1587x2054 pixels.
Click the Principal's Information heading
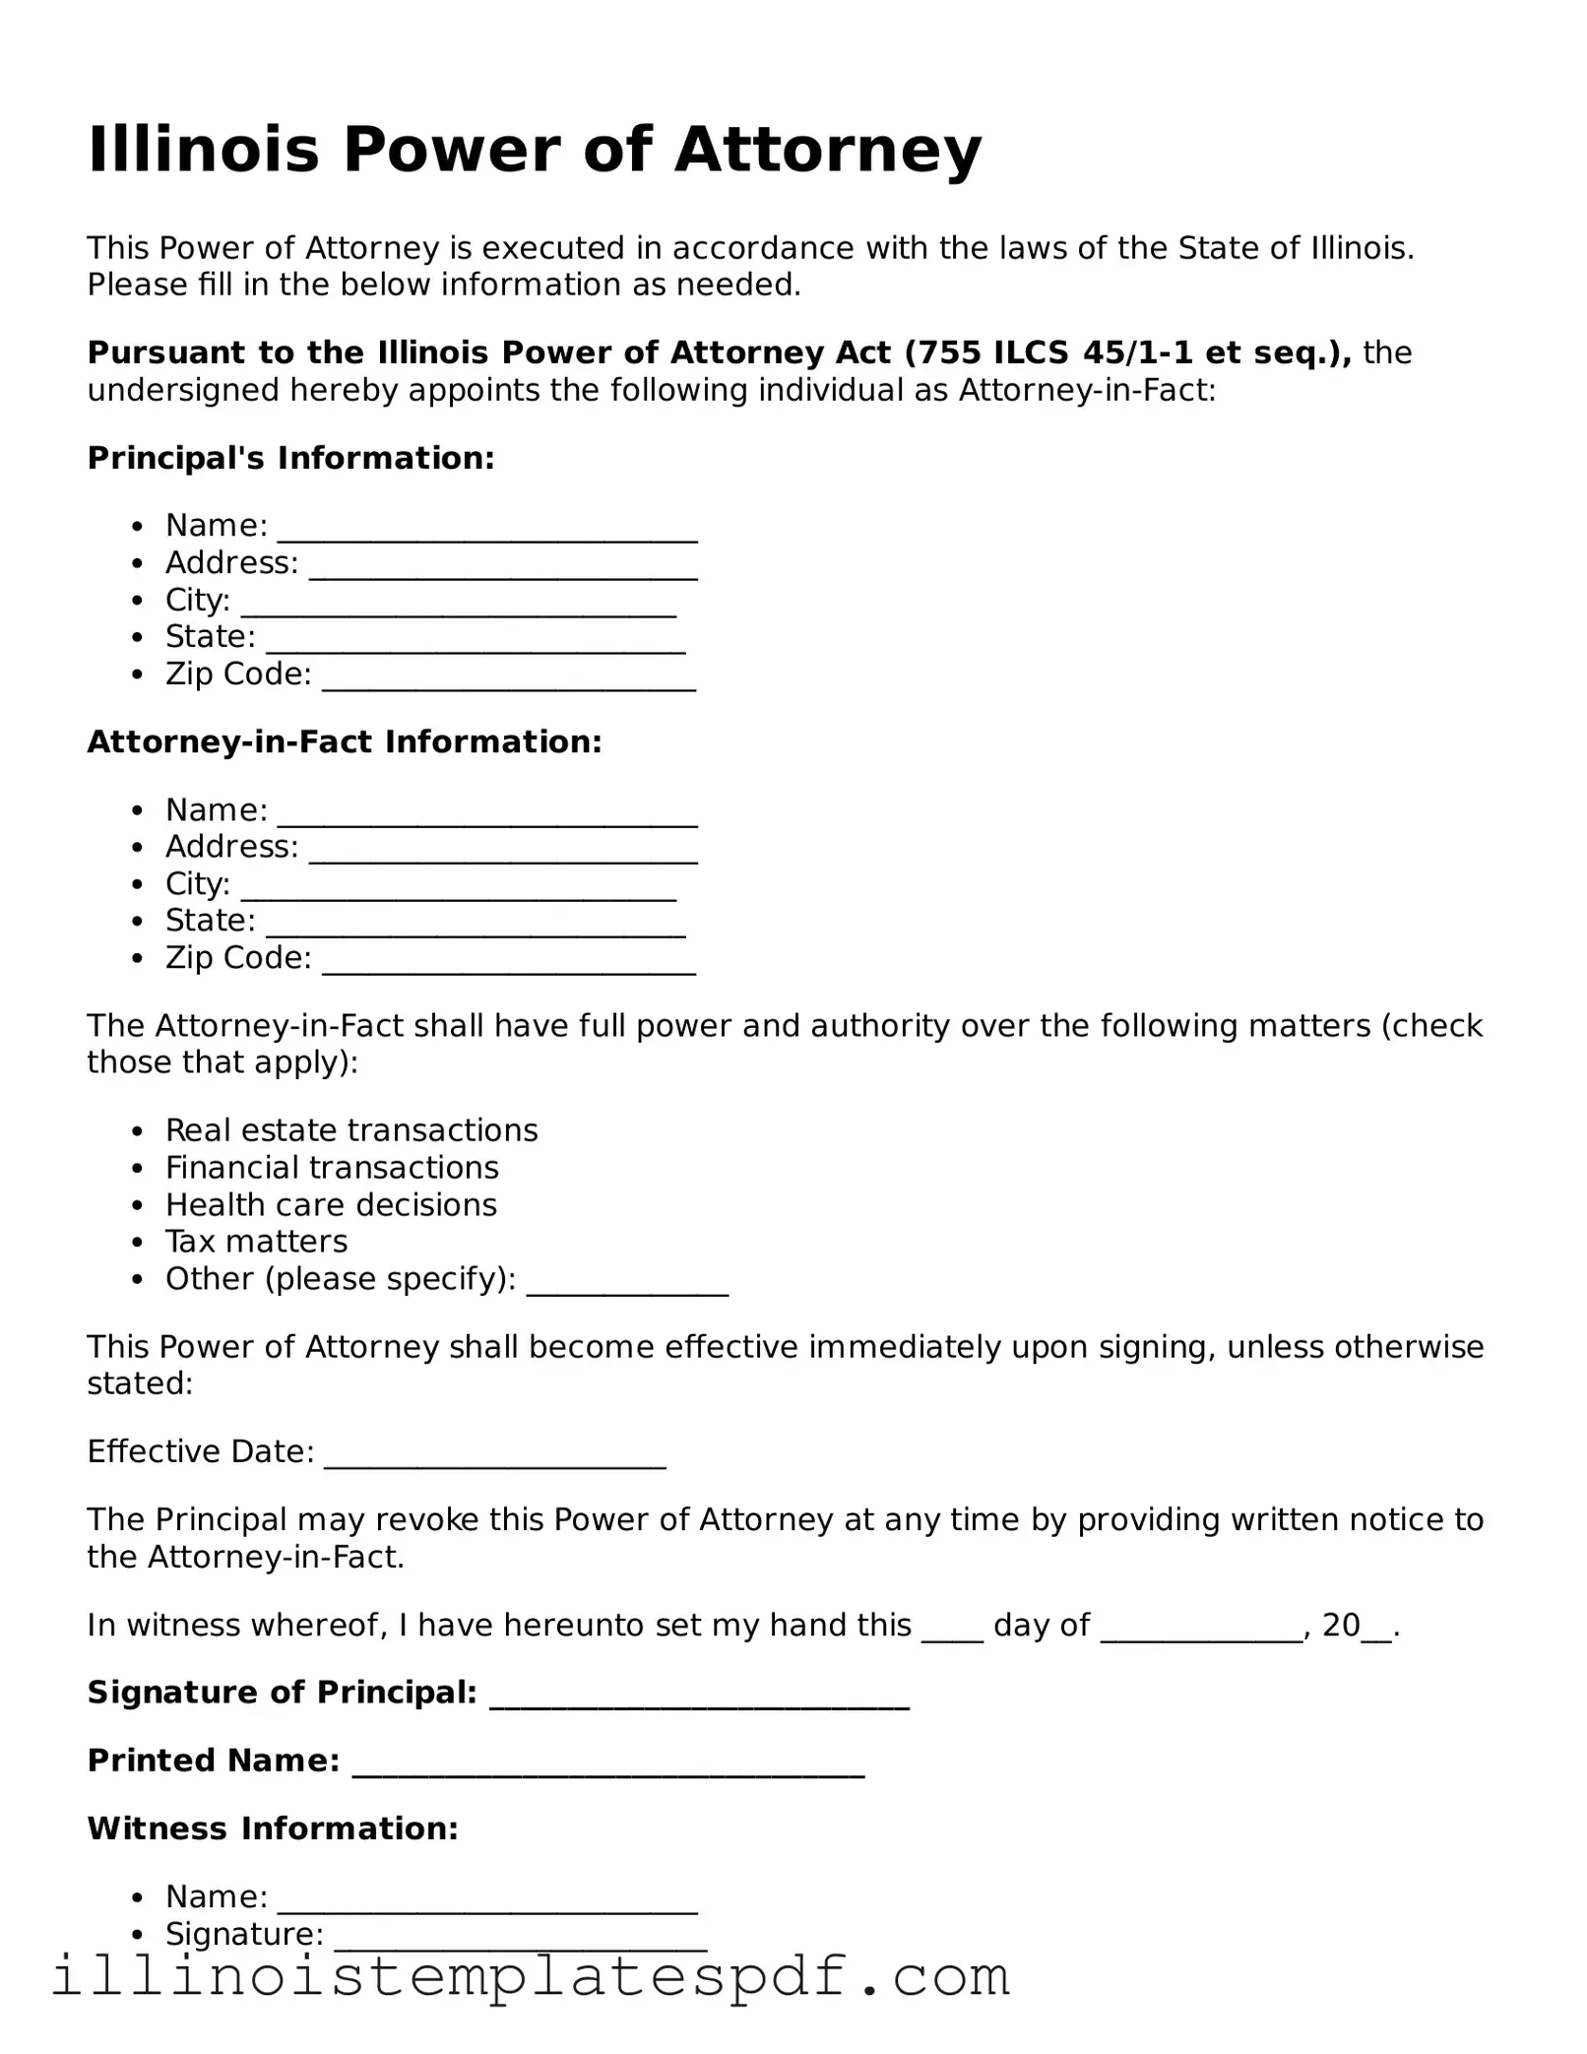(290, 458)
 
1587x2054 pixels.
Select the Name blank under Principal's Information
(487, 532)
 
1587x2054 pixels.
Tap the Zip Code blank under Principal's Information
(509, 681)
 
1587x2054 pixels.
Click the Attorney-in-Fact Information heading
(345, 741)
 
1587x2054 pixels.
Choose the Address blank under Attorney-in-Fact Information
(503, 853)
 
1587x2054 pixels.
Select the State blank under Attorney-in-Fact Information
(476, 928)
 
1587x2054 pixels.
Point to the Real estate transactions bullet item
(351, 1129)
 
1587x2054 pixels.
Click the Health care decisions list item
(331, 1204)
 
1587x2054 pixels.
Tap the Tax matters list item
(256, 1241)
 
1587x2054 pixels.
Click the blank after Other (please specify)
(627, 1286)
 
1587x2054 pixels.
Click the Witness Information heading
(273, 1829)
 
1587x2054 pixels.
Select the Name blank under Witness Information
(487, 1903)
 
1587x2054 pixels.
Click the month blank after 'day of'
(1201, 1633)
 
